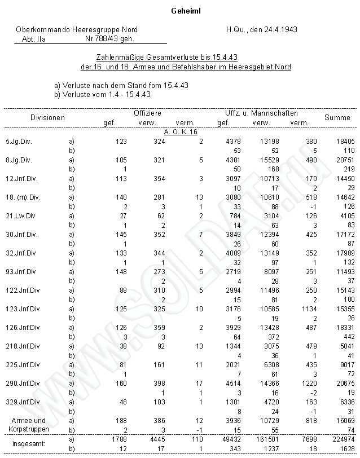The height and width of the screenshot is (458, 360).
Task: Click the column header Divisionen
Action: (47, 117)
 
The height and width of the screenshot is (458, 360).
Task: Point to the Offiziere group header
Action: (147, 113)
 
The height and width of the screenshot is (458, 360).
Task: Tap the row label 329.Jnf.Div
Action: (23, 402)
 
